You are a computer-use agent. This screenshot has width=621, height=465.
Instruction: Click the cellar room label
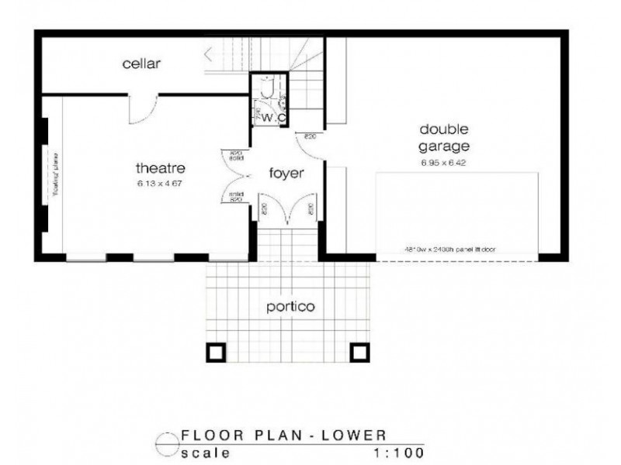(141, 64)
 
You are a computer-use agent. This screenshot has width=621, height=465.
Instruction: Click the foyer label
(286, 173)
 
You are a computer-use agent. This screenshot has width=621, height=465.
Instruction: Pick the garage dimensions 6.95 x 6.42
(445, 163)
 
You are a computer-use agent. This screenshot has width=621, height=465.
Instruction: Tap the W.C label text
(272, 117)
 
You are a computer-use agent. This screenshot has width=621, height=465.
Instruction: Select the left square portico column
(216, 353)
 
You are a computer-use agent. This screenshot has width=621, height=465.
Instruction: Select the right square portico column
(358, 353)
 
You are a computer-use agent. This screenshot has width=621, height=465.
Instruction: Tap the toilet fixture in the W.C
(269, 91)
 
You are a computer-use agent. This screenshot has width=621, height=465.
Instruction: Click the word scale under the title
(204, 451)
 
